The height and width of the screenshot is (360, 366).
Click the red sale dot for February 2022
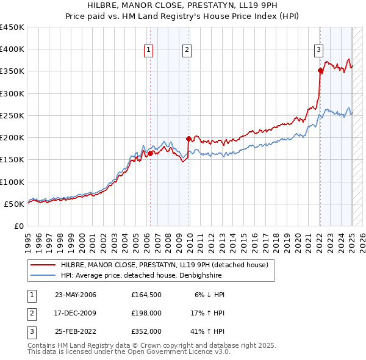point(320,71)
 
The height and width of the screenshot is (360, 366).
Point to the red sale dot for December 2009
point(188,139)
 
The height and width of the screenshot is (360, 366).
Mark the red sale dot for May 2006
point(150,153)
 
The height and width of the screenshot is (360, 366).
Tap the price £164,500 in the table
point(146,295)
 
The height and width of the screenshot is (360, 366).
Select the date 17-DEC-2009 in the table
point(75,314)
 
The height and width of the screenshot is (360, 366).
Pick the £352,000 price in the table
point(146,333)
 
